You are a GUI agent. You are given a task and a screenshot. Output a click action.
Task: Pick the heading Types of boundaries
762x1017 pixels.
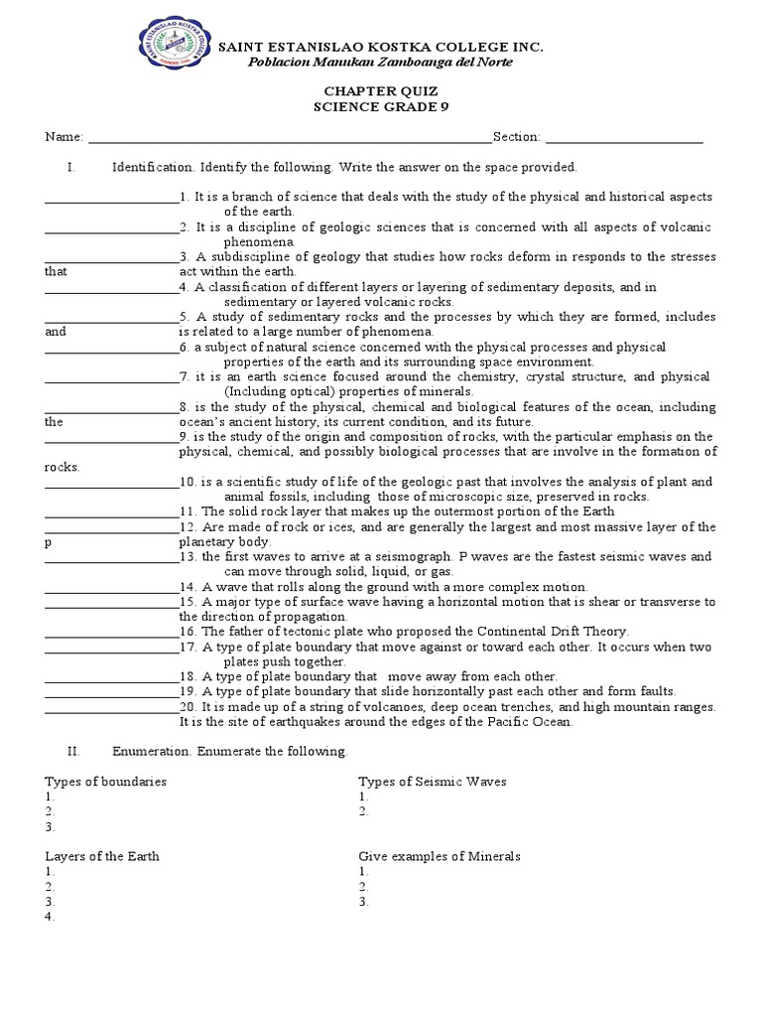105,782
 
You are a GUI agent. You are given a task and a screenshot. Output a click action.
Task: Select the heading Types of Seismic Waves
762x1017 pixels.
432,782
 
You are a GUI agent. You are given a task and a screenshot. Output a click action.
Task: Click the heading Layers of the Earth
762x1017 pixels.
102,856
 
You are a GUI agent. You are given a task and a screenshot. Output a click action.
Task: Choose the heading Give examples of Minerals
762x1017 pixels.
440,856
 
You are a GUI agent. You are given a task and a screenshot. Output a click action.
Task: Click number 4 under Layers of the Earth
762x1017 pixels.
49,917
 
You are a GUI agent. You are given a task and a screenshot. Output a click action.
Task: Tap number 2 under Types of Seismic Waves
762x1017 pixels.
364,811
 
